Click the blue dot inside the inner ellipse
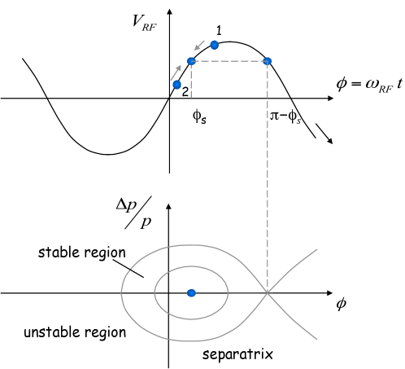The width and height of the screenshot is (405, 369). tap(191, 292)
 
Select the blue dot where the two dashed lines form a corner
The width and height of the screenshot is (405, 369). tap(191, 61)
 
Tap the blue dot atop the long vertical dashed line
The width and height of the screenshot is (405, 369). tap(267, 61)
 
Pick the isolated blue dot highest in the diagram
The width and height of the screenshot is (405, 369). tap(214, 45)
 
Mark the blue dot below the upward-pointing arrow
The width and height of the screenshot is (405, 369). tap(176, 85)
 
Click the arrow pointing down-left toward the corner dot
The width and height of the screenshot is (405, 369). tap(199, 46)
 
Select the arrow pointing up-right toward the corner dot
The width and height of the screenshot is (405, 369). tap(176, 72)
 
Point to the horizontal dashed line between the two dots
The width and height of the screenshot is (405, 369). tap(229, 61)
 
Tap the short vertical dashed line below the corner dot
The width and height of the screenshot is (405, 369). tap(191, 81)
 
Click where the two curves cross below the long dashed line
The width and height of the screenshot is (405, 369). tap(267, 292)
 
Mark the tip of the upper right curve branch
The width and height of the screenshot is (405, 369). tap(316, 249)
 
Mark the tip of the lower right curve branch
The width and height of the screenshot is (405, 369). tap(316, 339)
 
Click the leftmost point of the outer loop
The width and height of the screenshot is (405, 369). tap(121, 292)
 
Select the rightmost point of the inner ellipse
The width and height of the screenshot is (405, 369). tap(228, 292)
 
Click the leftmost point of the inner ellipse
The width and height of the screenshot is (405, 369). tap(154, 292)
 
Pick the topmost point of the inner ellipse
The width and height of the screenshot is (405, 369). tap(191, 266)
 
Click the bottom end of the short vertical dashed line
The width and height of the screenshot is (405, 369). tap(191, 98)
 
